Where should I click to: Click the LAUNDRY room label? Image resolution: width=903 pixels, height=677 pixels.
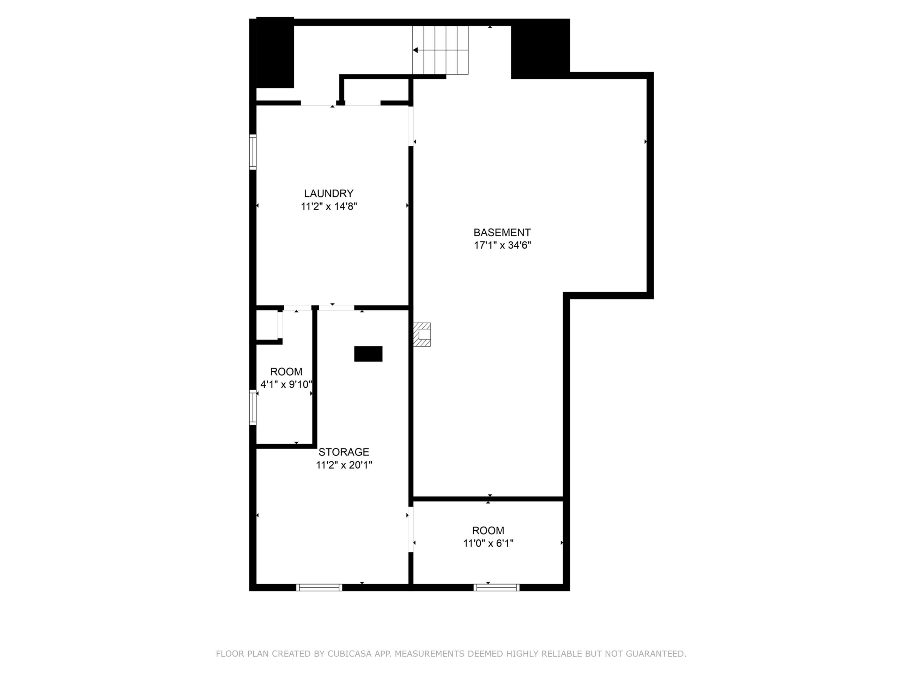[329, 194]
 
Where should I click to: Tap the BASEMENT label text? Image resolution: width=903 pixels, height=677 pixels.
[502, 233]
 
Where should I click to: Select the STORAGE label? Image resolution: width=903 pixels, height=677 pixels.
[344, 452]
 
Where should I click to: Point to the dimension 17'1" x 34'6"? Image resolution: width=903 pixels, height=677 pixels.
[502, 245]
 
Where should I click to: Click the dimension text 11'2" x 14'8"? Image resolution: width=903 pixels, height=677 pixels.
[329, 207]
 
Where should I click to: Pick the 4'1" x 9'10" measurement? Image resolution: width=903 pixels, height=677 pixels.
[286, 384]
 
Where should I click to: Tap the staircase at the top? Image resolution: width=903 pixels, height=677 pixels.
[440, 50]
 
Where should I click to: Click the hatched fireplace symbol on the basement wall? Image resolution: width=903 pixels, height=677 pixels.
[422, 334]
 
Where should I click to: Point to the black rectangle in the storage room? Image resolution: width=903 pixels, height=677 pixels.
[368, 354]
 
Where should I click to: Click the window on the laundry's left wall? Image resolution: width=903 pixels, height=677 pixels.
[253, 152]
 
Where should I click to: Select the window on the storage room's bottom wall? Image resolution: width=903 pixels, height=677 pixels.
[319, 588]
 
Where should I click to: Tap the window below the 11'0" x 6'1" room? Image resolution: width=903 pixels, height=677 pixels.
[496, 588]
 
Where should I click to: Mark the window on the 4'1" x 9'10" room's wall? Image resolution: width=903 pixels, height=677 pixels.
[253, 408]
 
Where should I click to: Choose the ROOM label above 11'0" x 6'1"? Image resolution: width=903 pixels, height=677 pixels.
[488, 531]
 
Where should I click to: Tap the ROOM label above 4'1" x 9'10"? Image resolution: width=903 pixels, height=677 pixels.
[286, 372]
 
